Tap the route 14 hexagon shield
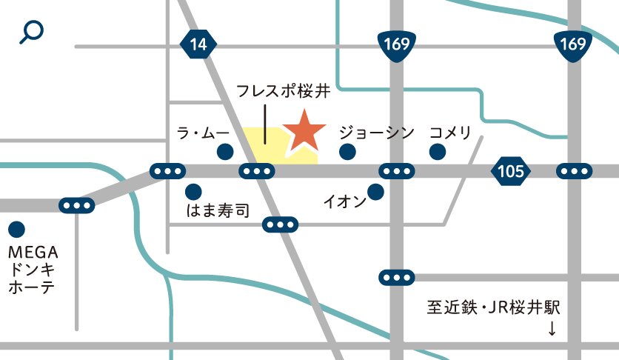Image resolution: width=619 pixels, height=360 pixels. (x=198, y=44)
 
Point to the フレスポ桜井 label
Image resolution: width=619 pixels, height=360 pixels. (x=282, y=92)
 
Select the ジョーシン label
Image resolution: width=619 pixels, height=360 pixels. (x=376, y=133)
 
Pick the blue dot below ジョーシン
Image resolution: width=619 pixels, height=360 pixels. (x=346, y=152)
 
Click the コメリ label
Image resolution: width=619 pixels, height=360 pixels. (x=450, y=133)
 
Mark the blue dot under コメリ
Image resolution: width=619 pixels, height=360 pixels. (x=438, y=152)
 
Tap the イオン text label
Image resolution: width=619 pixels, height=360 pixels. (x=344, y=201)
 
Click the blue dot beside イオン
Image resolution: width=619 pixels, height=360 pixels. (x=375, y=192)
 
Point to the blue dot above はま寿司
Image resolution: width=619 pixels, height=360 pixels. (x=193, y=191)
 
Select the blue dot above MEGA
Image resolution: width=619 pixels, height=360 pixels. (x=16, y=230)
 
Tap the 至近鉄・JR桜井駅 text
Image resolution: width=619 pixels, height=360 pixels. (x=495, y=305)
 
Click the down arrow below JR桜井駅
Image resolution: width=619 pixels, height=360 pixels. (x=552, y=328)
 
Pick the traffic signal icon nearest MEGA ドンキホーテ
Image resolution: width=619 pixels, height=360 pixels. (x=77, y=205)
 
